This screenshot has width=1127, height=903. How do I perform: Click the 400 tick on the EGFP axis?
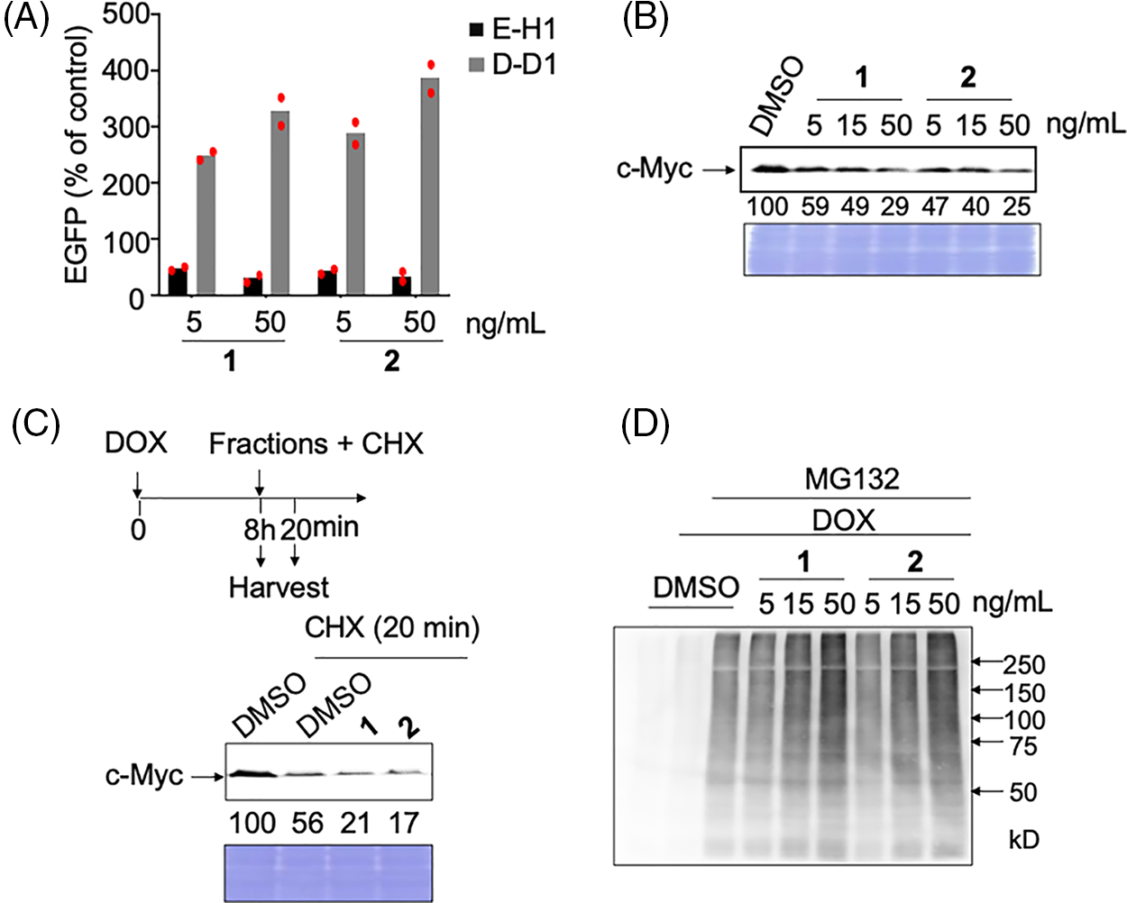(125, 69)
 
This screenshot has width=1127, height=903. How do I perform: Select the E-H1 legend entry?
(512, 30)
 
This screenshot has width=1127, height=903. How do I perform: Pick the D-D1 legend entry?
(512, 65)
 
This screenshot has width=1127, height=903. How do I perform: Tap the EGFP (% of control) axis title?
(78, 155)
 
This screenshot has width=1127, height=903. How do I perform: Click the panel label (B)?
(646, 19)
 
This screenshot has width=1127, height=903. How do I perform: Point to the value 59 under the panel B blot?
(814, 206)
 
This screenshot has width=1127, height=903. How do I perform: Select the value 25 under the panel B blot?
(1016, 206)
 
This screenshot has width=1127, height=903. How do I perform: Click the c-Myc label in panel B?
(654, 169)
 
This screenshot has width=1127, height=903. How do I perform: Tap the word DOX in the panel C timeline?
(136, 443)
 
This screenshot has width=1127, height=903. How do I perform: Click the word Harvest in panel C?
(279, 588)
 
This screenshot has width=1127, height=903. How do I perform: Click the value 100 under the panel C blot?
(252, 823)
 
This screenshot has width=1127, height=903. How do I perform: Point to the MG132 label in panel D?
(852, 479)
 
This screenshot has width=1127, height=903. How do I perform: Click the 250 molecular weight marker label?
(1024, 665)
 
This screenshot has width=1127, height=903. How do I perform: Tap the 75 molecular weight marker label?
(1023, 746)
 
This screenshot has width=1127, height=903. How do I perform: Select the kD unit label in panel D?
(1023, 840)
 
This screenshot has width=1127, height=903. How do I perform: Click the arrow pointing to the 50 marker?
(989, 791)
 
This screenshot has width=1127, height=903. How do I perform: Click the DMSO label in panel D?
(695, 588)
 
